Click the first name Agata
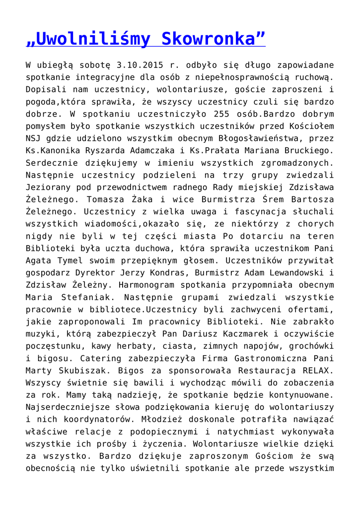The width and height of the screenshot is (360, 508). [x=38, y=259]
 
